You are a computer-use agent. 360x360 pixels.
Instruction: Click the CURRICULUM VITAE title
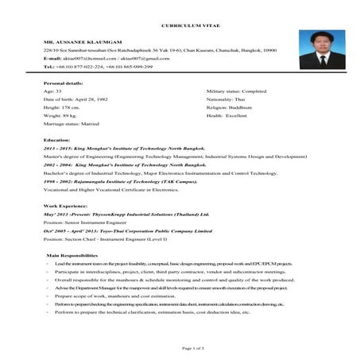(180, 15)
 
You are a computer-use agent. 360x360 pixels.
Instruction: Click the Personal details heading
(63, 83)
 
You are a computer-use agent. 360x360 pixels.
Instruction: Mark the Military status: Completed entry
(236, 91)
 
